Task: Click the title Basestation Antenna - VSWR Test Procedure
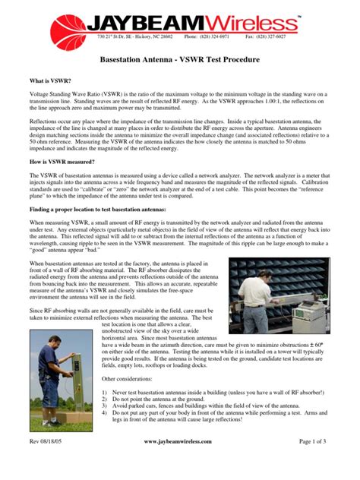(180, 58)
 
